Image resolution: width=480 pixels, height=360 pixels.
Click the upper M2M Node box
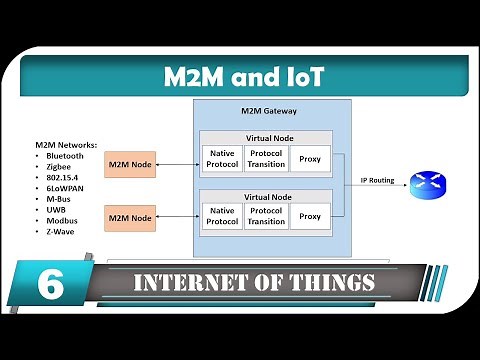tap(131, 164)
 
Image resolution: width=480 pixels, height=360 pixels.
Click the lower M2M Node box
tap(131, 217)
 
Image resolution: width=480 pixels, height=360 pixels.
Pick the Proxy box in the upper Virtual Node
tap(310, 159)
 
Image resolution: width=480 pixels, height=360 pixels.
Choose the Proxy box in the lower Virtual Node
tap(310, 215)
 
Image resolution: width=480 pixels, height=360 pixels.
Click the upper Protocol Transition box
tap(266, 159)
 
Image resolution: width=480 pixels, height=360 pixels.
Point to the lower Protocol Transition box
tap(266, 215)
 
